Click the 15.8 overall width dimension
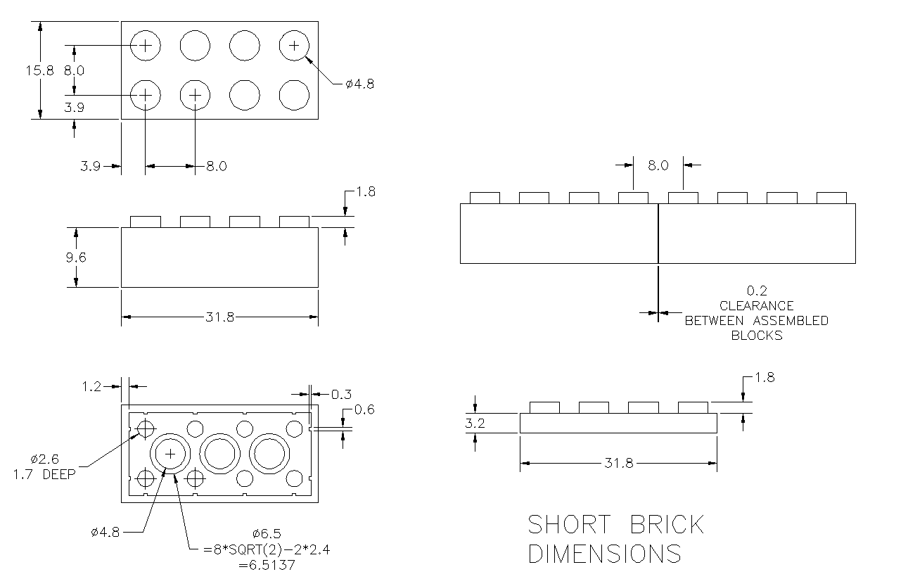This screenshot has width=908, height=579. [x=36, y=70]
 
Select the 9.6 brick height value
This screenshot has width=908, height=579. [x=75, y=257]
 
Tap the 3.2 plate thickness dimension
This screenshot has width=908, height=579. [x=475, y=424]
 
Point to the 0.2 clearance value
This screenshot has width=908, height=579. [x=756, y=291]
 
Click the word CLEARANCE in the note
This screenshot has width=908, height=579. [x=756, y=306]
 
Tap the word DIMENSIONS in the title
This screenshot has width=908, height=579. [x=604, y=554]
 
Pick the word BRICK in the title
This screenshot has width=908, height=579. [x=667, y=525]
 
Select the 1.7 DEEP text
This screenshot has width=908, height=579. [x=43, y=473]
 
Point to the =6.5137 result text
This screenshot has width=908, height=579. [x=267, y=564]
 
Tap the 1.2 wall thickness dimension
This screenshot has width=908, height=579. [x=91, y=386]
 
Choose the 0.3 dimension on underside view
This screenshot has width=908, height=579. [x=342, y=394]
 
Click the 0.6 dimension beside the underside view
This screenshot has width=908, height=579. [x=364, y=410]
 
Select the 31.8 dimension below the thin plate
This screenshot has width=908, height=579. [x=619, y=463]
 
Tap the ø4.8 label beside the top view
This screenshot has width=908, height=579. [x=359, y=84]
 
